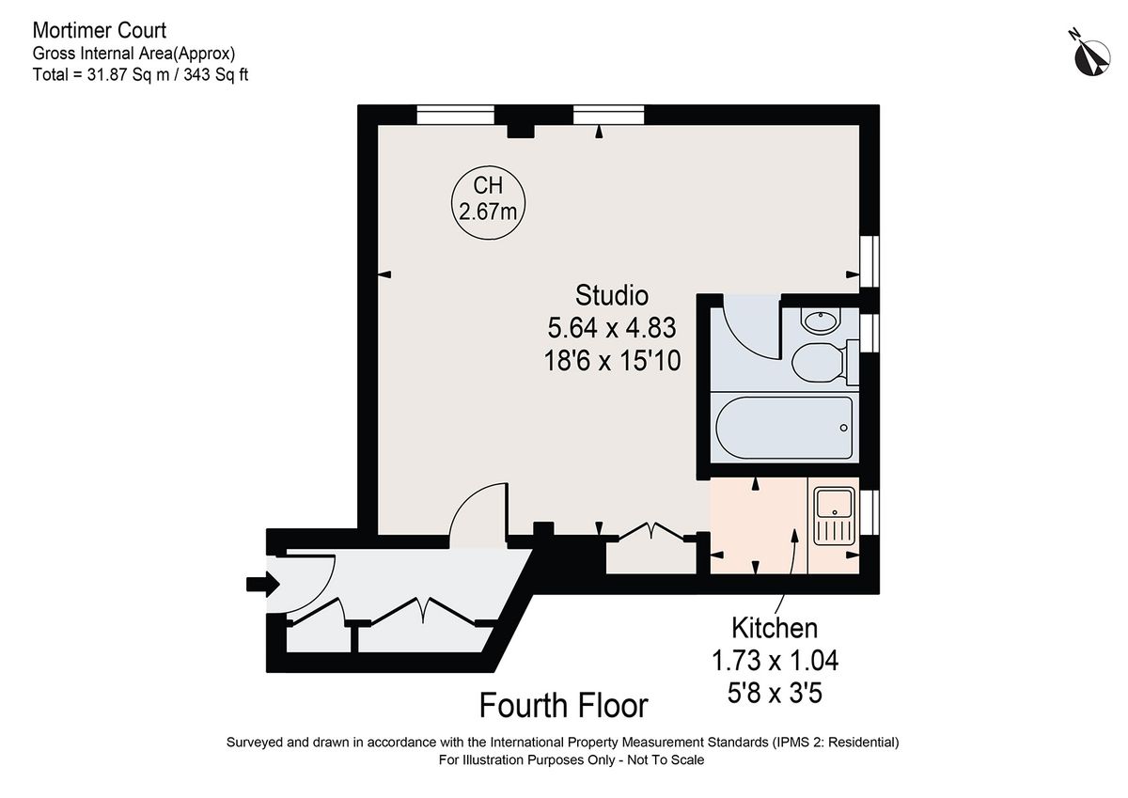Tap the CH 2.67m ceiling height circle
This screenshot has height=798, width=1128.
487,201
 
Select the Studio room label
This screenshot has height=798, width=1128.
612,295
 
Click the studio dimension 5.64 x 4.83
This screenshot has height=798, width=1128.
612,328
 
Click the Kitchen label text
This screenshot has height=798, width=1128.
775,627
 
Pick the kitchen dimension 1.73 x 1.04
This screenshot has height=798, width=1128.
775,661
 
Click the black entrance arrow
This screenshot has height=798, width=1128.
262,584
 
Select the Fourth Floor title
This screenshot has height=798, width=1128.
563,705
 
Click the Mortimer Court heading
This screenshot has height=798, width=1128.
100,32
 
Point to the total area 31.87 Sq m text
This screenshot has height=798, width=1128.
140,74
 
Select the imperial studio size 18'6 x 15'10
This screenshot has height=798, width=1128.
612,360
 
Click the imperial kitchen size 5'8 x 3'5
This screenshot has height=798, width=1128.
775,694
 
